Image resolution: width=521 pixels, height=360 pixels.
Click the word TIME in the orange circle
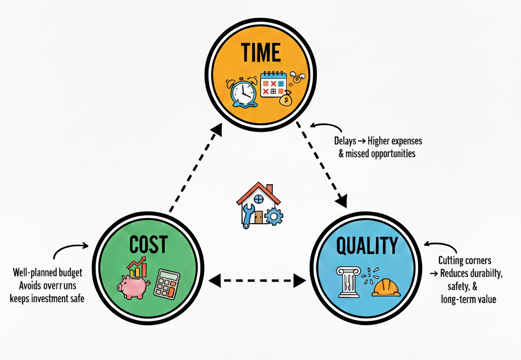(x=260, y=52)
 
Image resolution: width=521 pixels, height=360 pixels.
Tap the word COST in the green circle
(x=148, y=245)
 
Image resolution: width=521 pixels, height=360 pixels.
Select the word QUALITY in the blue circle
(x=367, y=246)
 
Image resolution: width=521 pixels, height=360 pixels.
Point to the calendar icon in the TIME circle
(x=273, y=85)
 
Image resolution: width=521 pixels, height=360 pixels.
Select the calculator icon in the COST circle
(x=167, y=283)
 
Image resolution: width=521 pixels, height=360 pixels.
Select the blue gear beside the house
(x=274, y=216)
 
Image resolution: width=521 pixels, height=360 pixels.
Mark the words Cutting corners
(x=465, y=261)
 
